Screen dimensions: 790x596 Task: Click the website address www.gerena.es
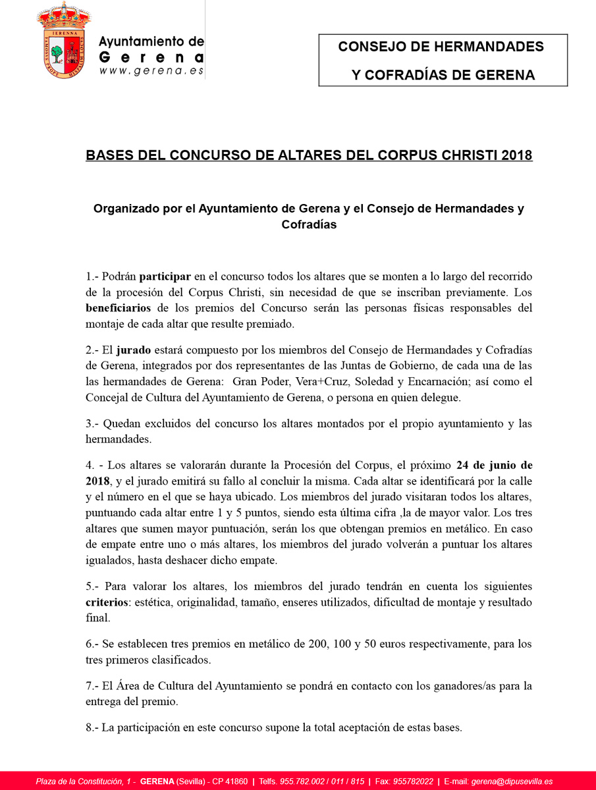pos(151,70)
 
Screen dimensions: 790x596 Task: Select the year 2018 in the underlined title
pos(516,155)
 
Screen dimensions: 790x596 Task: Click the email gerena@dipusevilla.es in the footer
pos(512,781)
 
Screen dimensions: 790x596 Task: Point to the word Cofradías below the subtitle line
pos(308,224)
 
